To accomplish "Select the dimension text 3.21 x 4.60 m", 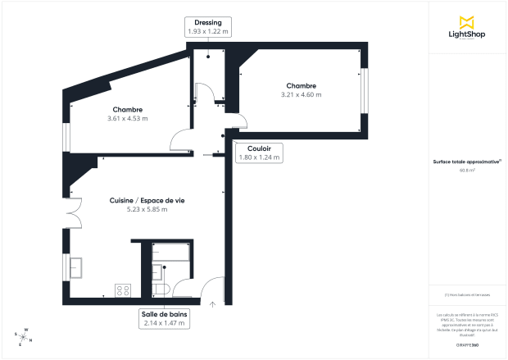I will coord(301,94).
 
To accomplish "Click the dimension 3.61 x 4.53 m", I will coord(127,118).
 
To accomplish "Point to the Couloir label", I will coord(259,148).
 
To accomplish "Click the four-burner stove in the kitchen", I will coord(124,289).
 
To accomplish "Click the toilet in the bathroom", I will coord(160,289).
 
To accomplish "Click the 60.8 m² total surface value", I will coord(466,171).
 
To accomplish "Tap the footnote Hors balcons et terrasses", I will coord(466,295).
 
